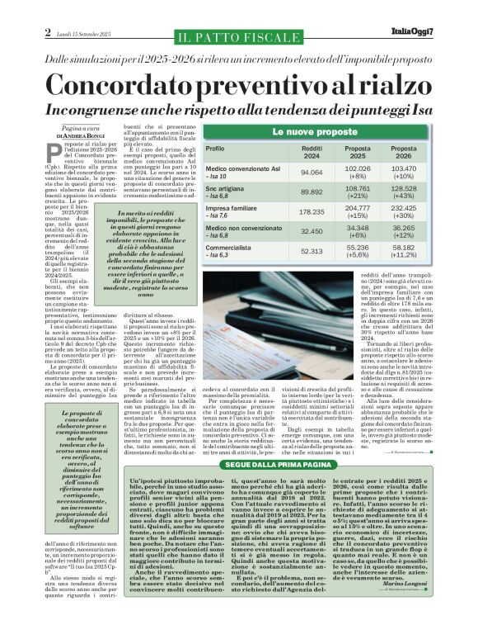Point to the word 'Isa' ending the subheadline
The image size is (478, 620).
tap(415, 109)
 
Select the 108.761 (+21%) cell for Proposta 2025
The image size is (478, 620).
tap(357, 192)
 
